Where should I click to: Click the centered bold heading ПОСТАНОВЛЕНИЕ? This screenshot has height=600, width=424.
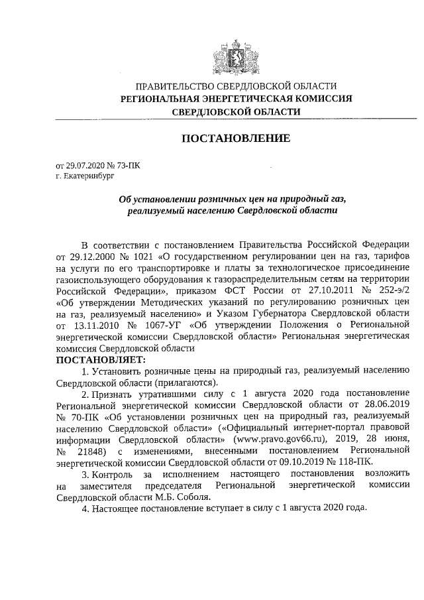click(x=236, y=139)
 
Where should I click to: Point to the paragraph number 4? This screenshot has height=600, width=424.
click(x=84, y=510)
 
